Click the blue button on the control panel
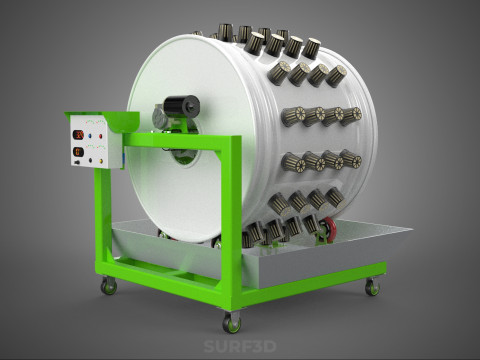[x=90, y=136]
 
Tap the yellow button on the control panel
[x=101, y=161]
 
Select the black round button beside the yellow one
[x=91, y=160]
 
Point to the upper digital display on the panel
[x=79, y=135]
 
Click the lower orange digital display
[x=78, y=152]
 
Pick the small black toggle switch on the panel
[x=77, y=162]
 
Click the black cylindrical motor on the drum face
[x=182, y=104]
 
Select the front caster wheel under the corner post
[x=231, y=323]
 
